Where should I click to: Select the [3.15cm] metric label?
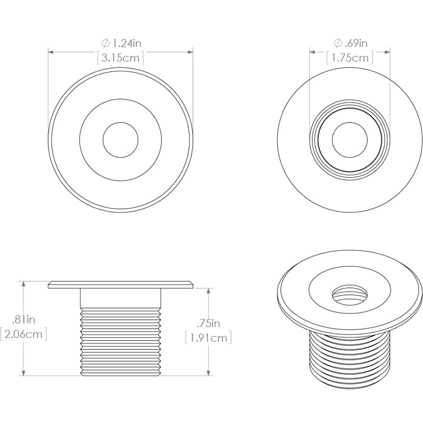coord(121,58)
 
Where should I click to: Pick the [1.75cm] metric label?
coord(350,58)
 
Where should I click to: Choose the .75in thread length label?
coord(208,324)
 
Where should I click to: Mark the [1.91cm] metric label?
coord(208,338)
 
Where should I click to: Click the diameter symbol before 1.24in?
coord(105,43)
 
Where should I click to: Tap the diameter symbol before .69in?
coord(338,43)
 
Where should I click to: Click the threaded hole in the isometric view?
coord(349,293)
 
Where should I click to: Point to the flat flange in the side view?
coord(121,285)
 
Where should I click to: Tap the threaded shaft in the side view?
coord(121,343)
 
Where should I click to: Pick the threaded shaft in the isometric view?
coord(349,360)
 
